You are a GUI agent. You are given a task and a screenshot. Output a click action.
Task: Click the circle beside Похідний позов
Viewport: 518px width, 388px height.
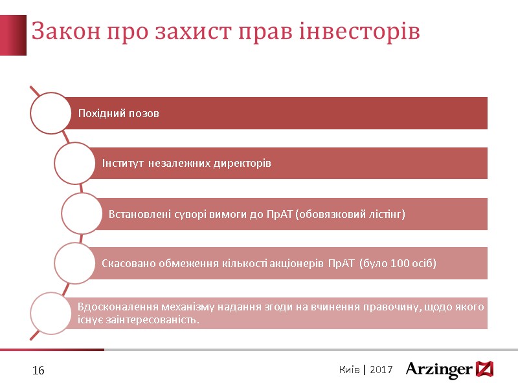51,113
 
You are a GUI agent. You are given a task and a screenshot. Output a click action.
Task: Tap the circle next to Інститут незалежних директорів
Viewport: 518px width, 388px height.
74,163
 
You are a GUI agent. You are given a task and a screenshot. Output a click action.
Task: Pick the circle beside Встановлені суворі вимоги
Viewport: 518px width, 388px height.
82,213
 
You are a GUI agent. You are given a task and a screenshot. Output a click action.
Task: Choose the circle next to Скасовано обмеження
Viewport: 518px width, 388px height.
74,263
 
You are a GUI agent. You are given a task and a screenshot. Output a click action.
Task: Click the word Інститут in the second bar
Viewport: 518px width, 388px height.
123,164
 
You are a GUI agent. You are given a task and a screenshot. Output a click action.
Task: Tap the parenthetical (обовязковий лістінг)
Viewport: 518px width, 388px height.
350,213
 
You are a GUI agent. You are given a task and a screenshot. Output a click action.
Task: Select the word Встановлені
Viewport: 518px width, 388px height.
137,213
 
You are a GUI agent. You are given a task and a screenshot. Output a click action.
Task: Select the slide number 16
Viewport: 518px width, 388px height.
38,371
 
